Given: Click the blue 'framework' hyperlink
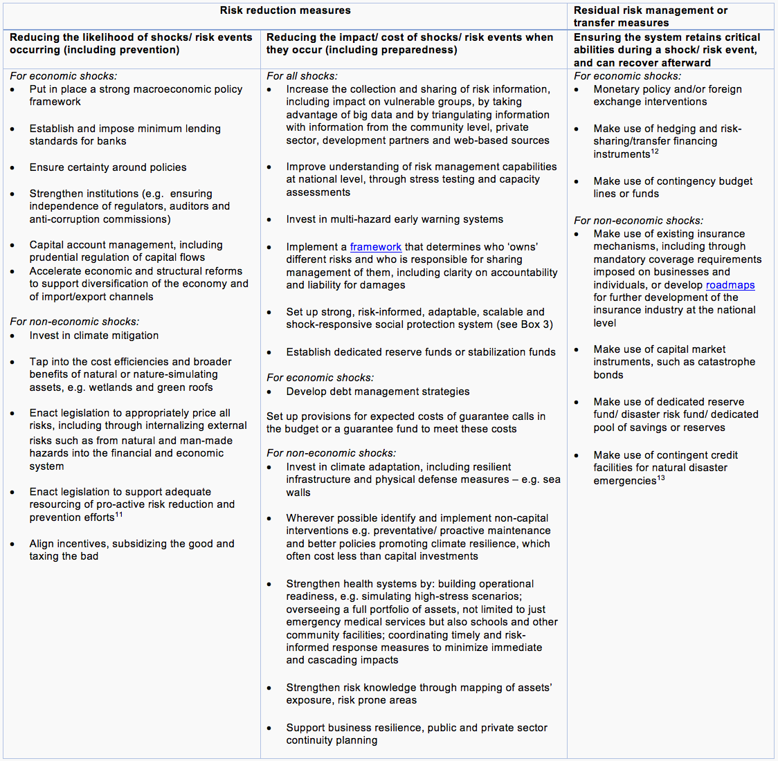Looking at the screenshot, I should click(x=375, y=247).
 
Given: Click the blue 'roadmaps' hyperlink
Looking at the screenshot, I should click(x=730, y=285).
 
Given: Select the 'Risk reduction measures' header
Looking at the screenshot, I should click(x=285, y=10).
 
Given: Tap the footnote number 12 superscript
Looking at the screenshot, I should click(x=655, y=152).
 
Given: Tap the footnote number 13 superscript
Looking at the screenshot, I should click(x=661, y=478).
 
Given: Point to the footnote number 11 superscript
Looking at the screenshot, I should click(x=119, y=515).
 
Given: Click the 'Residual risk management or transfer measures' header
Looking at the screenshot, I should click(x=650, y=17).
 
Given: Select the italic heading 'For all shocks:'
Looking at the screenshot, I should click(x=302, y=76).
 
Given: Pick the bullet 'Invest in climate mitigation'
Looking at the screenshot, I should click(x=94, y=336).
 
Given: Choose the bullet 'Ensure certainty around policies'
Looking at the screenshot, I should click(x=108, y=167).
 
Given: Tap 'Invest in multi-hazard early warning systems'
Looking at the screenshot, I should click(x=395, y=219).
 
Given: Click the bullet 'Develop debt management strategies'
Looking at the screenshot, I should click(x=378, y=392).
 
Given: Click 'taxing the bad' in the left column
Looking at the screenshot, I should click(x=64, y=556).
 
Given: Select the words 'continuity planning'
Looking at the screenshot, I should click(x=332, y=740).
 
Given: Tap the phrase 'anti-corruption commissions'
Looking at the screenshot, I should click(x=98, y=219).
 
